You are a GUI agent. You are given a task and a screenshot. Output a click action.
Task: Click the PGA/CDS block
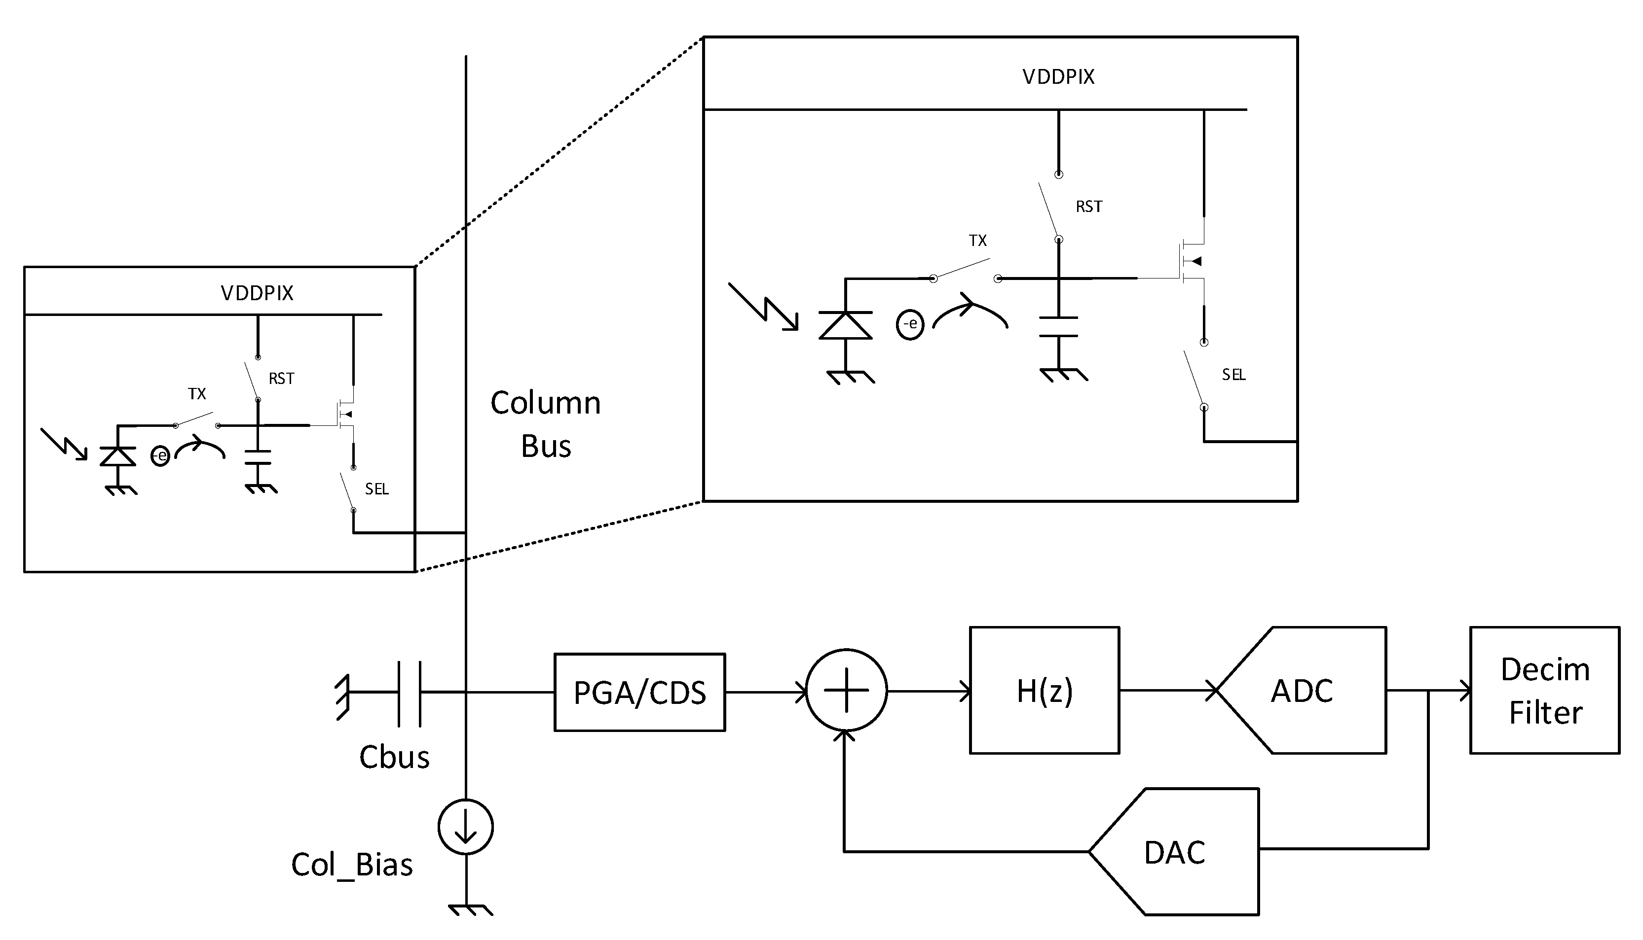[x=639, y=692]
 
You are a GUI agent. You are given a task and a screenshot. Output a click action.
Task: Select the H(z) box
[x=1044, y=690]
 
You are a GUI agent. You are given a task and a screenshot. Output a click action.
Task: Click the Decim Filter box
[x=1544, y=690]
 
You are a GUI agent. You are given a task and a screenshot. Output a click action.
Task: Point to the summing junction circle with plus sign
[x=846, y=690]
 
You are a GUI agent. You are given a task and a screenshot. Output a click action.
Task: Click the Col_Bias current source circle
[x=465, y=827]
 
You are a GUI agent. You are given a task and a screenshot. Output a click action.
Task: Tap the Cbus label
[x=394, y=757]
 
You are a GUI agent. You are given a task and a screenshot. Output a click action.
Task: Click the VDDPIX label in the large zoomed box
[x=1058, y=77]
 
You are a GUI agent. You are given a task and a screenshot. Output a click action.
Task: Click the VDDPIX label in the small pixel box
[x=257, y=294]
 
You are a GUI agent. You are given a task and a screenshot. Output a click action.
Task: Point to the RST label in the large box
[x=1088, y=207]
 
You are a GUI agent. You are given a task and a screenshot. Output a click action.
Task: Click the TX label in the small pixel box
[x=196, y=394]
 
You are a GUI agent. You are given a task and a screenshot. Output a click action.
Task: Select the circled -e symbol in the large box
[x=910, y=323]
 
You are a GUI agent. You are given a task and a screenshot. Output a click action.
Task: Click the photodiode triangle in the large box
[x=845, y=325]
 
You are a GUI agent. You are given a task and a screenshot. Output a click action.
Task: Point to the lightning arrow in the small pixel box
[x=63, y=444]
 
